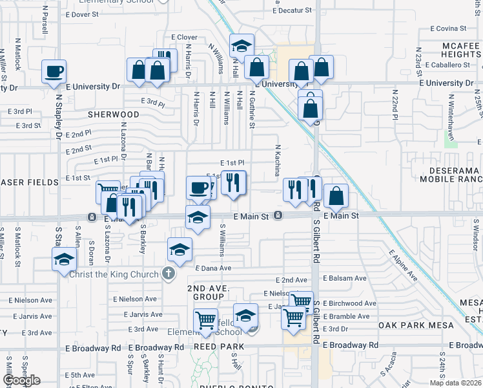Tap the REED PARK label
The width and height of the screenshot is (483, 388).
[220, 347]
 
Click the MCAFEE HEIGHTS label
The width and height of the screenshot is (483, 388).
[452, 50]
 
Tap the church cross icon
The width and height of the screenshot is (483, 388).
[168, 274]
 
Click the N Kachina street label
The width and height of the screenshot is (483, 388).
[278, 160]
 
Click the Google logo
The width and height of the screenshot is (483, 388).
[21, 380]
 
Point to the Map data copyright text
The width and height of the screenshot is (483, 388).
[455, 383]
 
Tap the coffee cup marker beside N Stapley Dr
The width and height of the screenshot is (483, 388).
[54, 71]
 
